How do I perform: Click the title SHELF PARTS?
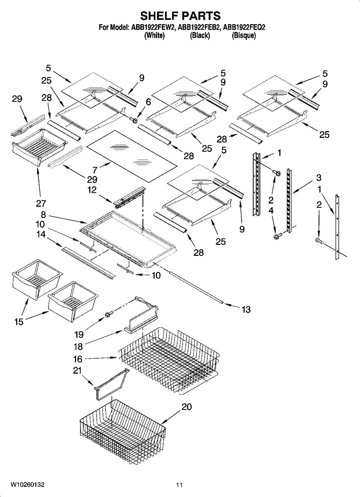click(x=180, y=16)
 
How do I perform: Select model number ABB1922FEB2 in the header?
click(x=199, y=27)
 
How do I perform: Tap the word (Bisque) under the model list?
click(x=244, y=35)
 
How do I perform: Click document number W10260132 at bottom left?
click(x=27, y=485)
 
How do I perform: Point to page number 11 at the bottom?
click(x=179, y=485)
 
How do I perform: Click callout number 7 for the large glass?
click(x=95, y=170)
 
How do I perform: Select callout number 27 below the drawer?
click(x=41, y=203)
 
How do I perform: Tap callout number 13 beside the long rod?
click(x=246, y=309)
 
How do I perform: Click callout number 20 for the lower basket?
click(x=187, y=407)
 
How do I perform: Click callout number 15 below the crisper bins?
click(x=19, y=321)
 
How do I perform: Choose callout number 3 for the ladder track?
click(x=319, y=177)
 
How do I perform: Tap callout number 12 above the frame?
click(x=92, y=190)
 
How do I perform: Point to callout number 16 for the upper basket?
click(x=78, y=359)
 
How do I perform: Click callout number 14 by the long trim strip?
click(x=41, y=234)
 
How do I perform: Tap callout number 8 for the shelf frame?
click(x=43, y=215)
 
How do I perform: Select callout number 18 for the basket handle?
click(x=78, y=347)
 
